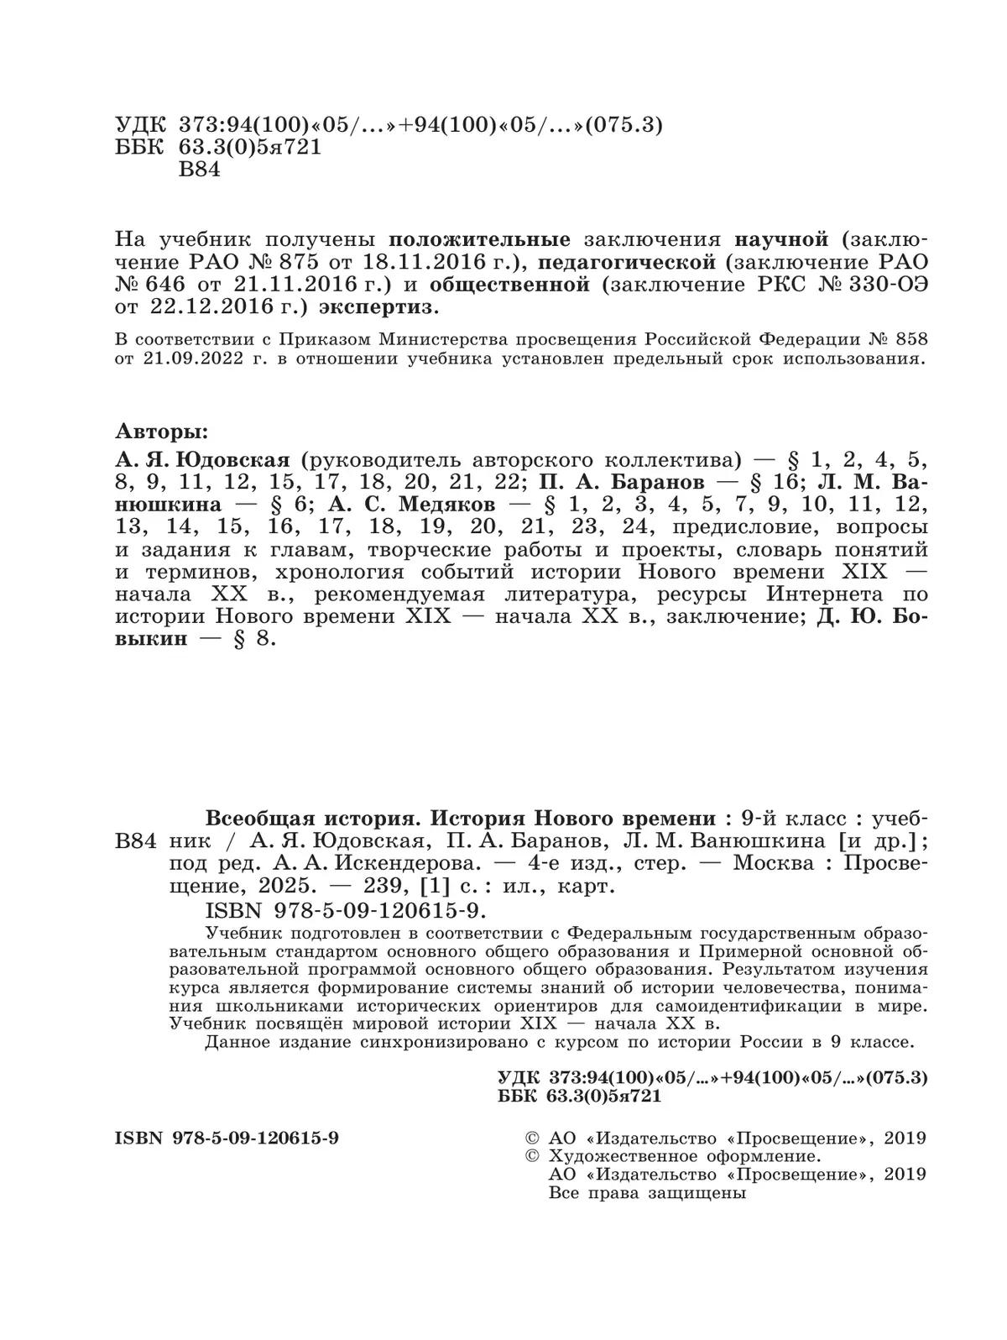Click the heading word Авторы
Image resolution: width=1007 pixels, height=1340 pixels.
coord(160,433)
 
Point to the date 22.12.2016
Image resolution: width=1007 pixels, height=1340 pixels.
coord(219,306)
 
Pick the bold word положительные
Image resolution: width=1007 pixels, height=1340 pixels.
coord(481,238)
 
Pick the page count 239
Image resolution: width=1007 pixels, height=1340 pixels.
coord(367,886)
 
